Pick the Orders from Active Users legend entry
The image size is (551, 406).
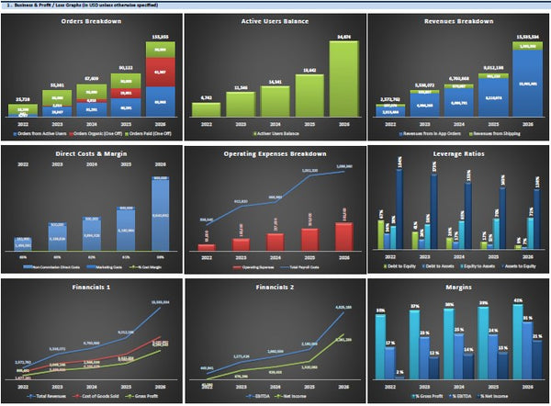point(38,132)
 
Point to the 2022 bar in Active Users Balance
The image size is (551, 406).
point(207,109)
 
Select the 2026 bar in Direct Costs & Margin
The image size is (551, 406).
point(159,211)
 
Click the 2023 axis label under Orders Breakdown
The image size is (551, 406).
point(57,122)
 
